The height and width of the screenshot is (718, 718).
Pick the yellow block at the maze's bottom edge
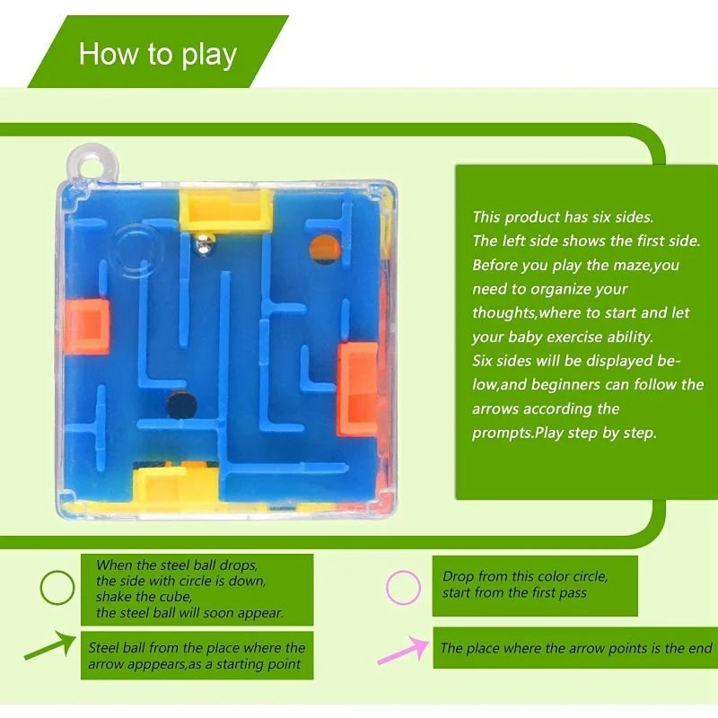click(x=178, y=484)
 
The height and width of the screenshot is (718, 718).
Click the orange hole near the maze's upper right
click(x=320, y=245)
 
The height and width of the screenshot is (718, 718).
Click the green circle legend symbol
click(x=57, y=588)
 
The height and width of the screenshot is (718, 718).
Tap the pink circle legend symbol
click(x=403, y=587)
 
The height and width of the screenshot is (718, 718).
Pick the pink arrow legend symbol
click(x=401, y=649)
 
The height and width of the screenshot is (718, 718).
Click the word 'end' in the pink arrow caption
click(x=700, y=648)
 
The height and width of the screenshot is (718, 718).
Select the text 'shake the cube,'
click(x=144, y=597)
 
